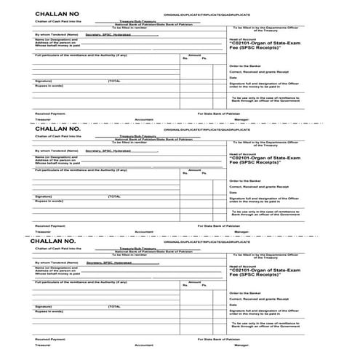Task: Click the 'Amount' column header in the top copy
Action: (x=194, y=54)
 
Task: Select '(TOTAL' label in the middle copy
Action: (x=114, y=196)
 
